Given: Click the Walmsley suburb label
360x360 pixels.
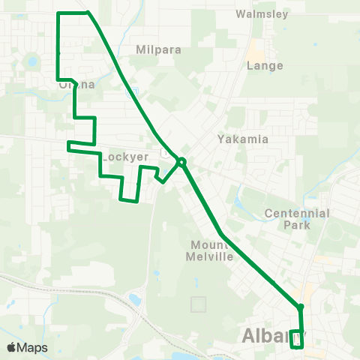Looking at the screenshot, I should click(262, 14).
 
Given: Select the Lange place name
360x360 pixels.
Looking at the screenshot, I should click(265, 66).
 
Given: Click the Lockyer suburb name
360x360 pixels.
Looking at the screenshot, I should click(122, 157).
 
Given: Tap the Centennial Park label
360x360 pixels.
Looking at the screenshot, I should click(297, 219).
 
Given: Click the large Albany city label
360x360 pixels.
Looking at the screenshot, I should click(266, 337).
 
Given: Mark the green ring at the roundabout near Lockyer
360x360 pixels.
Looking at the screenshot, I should click(181, 160).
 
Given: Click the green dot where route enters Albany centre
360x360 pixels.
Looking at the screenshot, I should click(300, 307).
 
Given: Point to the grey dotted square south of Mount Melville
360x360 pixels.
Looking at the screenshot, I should click(198, 304).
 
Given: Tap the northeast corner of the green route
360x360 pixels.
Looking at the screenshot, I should click(88, 13).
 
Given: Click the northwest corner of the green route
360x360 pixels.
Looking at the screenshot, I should click(58, 13).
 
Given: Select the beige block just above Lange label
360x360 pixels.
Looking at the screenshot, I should click(256, 50).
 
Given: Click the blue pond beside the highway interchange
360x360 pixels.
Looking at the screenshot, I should click(135, 300).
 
